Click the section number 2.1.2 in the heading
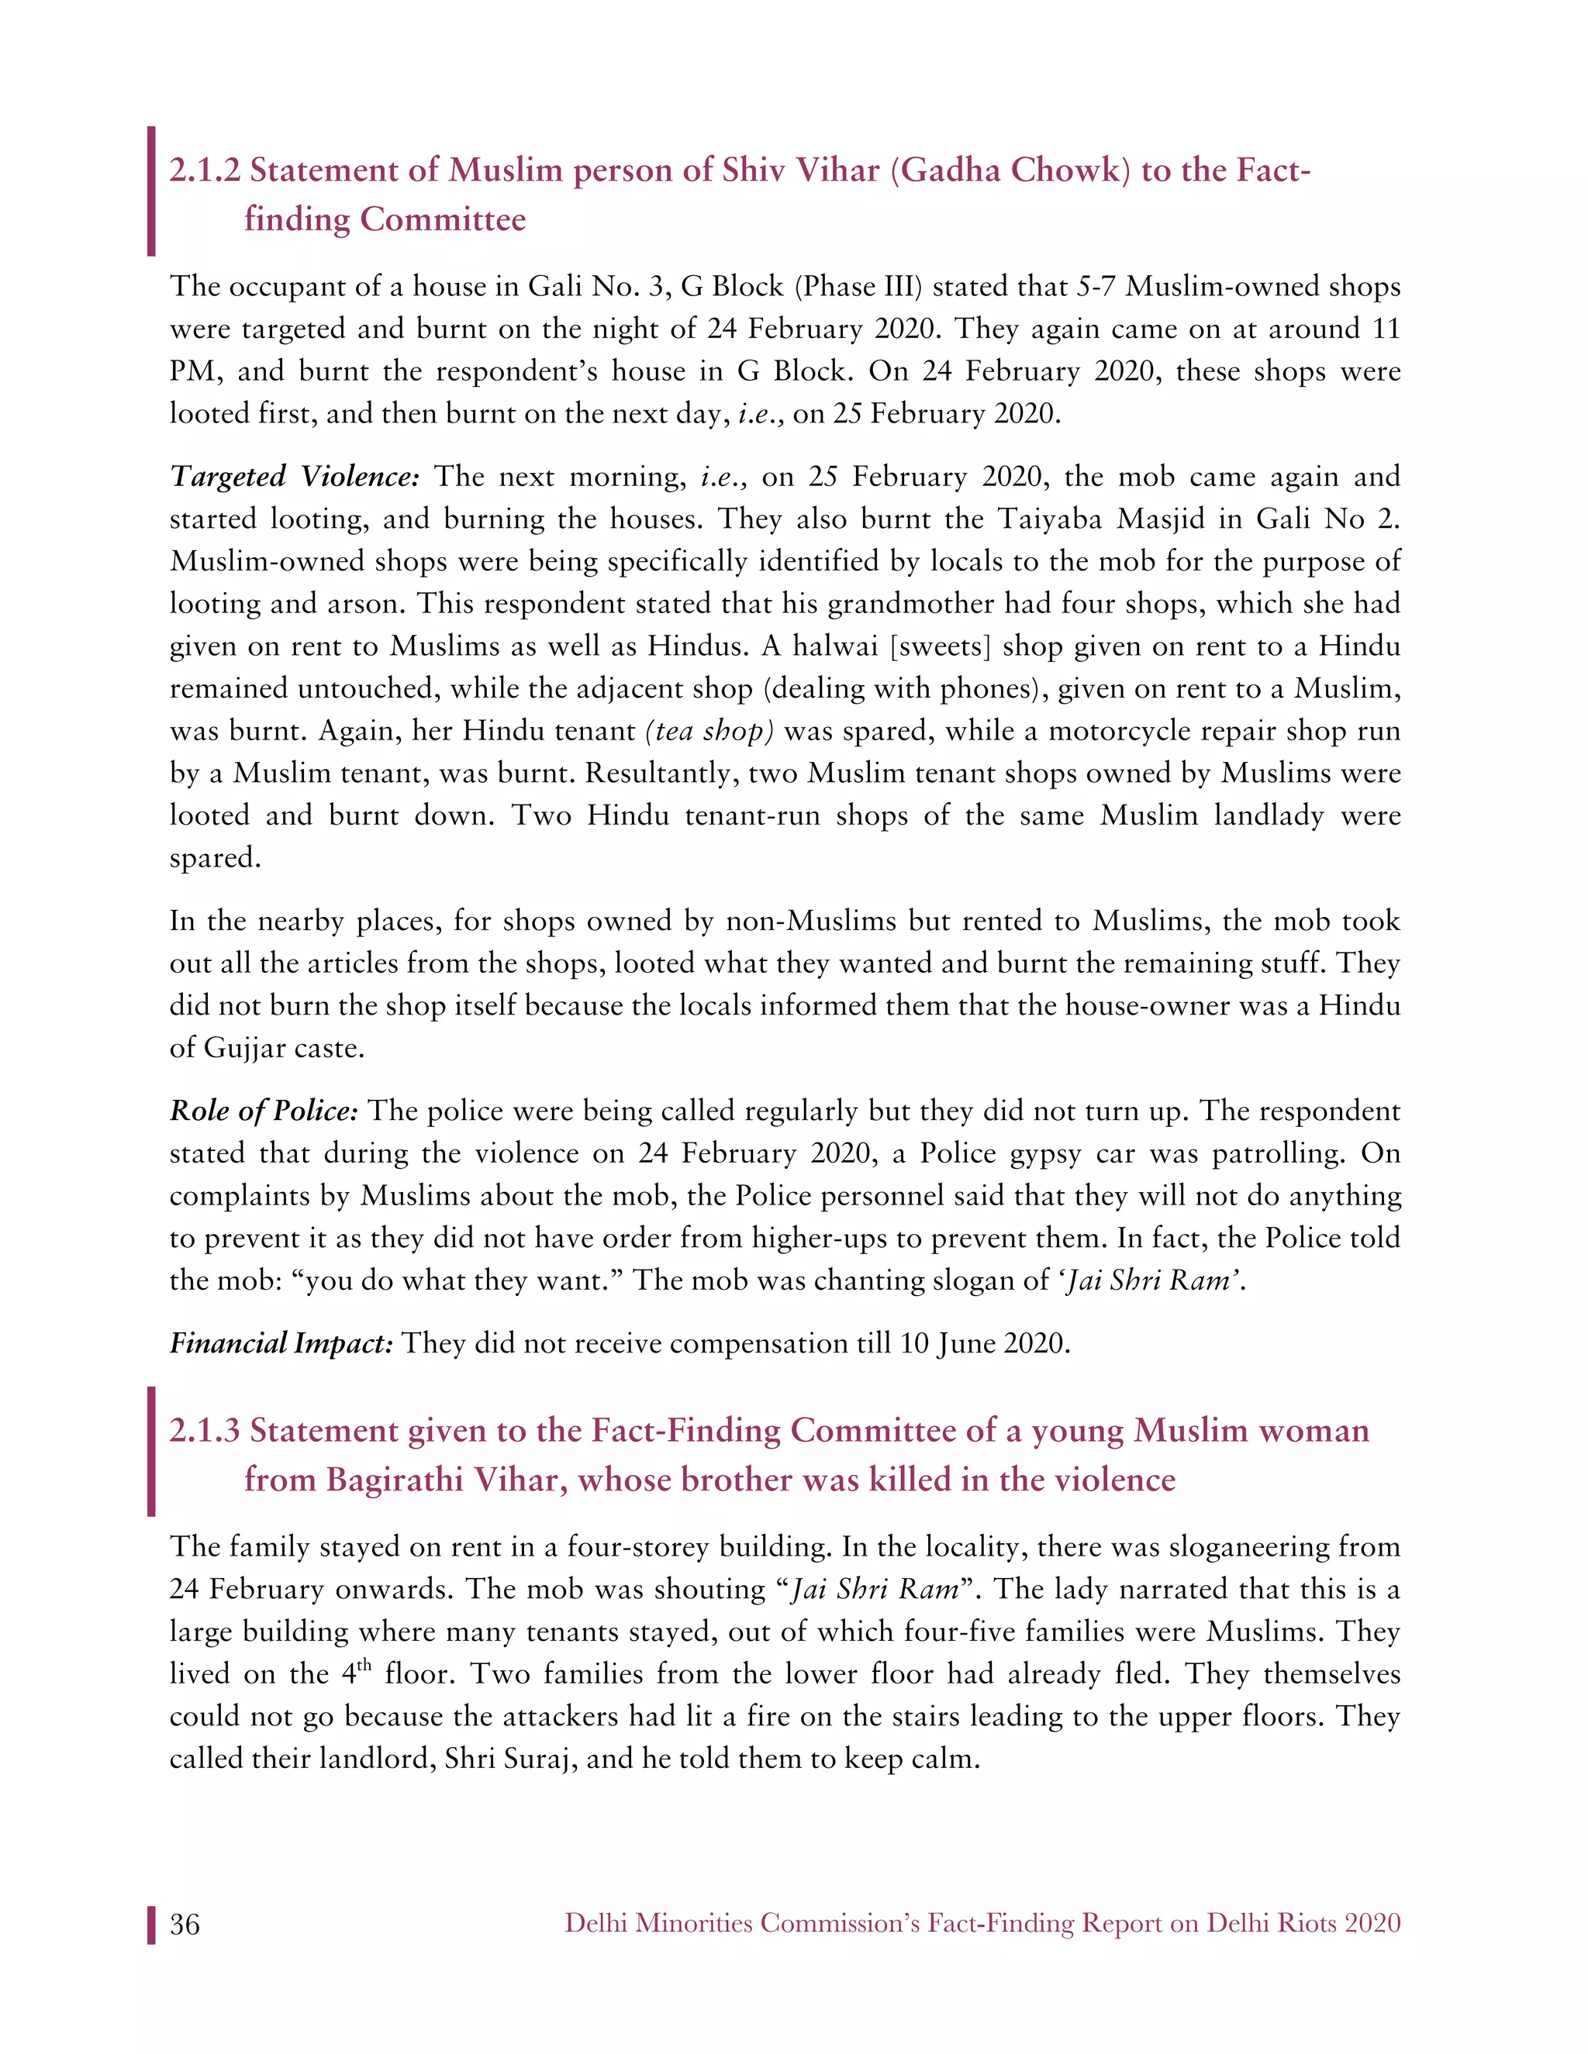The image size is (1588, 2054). [x=204, y=171]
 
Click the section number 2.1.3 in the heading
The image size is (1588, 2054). [x=204, y=1431]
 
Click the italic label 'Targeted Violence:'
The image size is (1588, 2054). [x=294, y=477]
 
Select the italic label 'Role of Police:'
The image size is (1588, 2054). [x=264, y=1111]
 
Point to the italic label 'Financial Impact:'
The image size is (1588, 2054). [x=281, y=1343]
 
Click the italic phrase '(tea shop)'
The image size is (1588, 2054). [x=709, y=731]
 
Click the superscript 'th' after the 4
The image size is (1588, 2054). [x=365, y=1666]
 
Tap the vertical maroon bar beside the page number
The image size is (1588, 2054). [x=150, y=1925]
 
